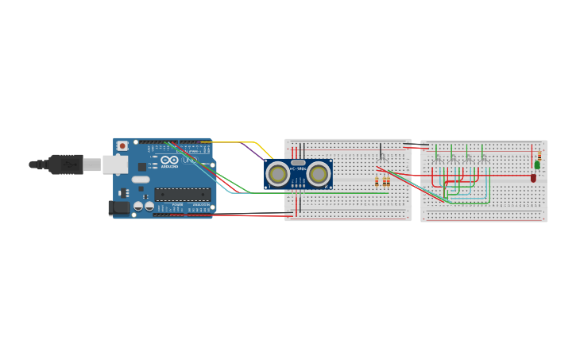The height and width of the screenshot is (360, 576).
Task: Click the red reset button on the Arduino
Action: [x=122, y=146]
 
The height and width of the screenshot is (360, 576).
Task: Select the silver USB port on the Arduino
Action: [x=114, y=165]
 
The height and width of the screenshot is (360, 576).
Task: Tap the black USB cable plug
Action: [x=65, y=164]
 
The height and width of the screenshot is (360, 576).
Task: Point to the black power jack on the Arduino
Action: [x=117, y=207]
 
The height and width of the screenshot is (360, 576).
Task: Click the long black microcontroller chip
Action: [x=183, y=194]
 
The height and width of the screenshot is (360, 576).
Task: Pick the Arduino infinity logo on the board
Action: [x=169, y=161]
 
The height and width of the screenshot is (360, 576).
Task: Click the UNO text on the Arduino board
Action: [x=189, y=160]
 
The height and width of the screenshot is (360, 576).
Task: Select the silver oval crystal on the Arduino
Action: [x=140, y=180]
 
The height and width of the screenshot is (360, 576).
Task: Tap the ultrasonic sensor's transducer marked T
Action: [x=278, y=173]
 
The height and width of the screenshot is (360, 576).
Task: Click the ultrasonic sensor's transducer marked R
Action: [x=319, y=173]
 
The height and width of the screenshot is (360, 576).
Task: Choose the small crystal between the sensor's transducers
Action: [x=298, y=162]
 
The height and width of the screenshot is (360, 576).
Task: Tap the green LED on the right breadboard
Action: [x=537, y=165]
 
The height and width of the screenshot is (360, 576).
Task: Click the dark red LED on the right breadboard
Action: [x=533, y=178]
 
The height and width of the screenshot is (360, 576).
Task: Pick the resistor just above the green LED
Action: [x=539, y=154]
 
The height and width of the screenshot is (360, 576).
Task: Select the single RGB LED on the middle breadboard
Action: [x=381, y=156]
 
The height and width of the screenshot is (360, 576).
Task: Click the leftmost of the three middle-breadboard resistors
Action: [x=377, y=182]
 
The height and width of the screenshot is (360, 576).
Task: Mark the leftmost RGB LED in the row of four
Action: [x=436, y=157]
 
